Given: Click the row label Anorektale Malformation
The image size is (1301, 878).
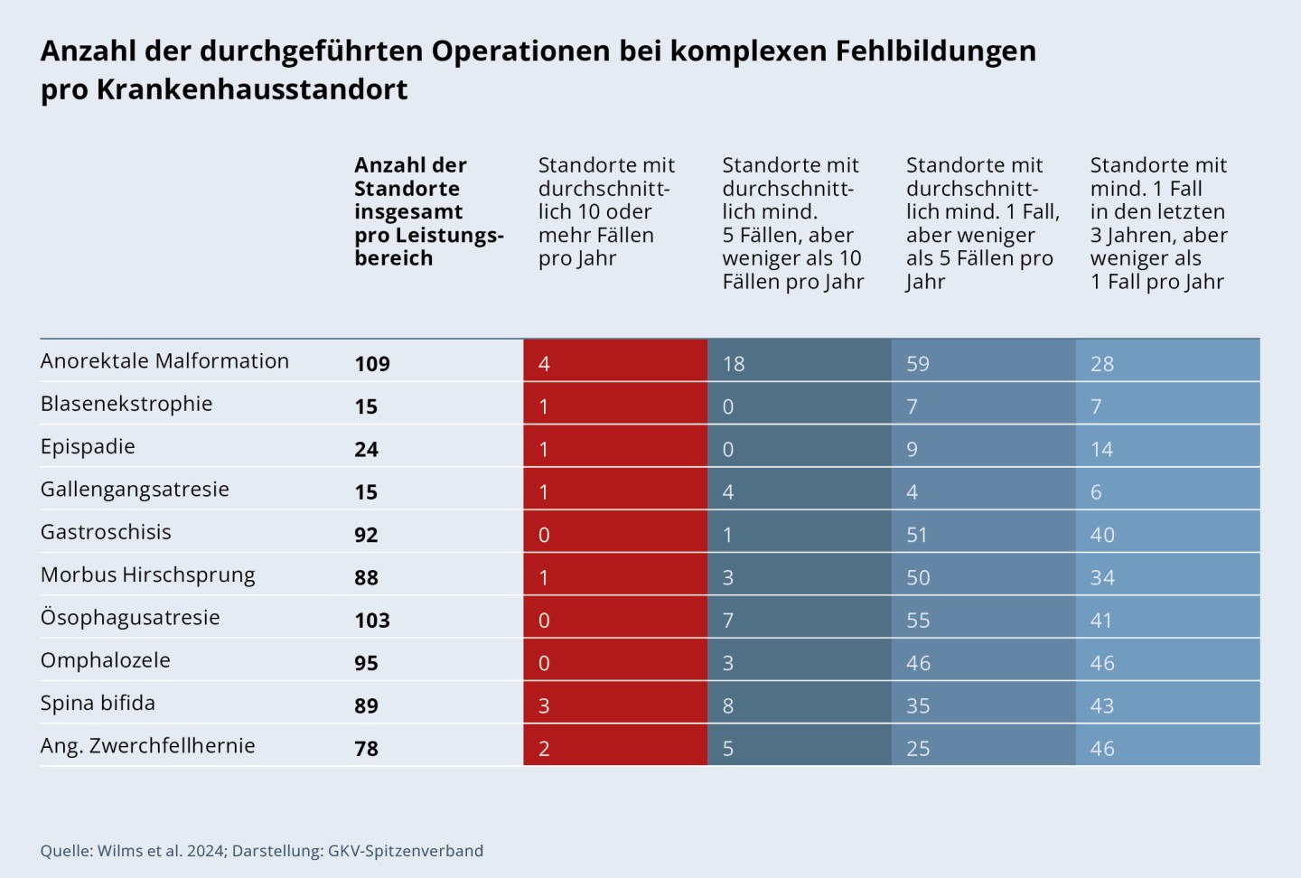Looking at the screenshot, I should [x=164, y=361].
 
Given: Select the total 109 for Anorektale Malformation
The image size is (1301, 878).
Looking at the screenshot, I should [x=371, y=364].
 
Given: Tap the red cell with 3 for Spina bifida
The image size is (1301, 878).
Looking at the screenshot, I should [x=544, y=706].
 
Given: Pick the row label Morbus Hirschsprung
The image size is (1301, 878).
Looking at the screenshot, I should [x=147, y=575].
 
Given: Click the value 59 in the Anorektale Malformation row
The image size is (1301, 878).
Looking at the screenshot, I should [x=918, y=364].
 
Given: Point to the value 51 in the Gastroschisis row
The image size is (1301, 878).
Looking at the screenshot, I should [x=917, y=535].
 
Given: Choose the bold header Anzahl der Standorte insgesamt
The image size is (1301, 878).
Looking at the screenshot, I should [x=428, y=211].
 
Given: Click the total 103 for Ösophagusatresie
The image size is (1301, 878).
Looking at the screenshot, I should [x=371, y=621].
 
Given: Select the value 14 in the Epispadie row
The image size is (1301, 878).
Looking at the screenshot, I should [x=1101, y=450].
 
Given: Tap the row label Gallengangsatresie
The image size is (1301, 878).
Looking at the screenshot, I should [x=135, y=490].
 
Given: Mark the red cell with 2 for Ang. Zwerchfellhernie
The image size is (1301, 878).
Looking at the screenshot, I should [x=544, y=749].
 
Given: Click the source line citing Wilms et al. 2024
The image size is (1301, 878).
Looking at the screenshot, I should [x=261, y=851].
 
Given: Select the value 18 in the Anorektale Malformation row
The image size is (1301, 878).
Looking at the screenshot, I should [x=734, y=364].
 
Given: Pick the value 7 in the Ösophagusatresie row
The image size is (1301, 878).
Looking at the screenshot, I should [x=728, y=621].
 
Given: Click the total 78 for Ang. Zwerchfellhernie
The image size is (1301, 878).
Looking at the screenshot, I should [x=366, y=749].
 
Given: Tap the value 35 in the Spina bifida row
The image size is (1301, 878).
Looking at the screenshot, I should [x=918, y=706].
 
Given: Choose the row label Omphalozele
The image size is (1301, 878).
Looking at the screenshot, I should [x=105, y=660].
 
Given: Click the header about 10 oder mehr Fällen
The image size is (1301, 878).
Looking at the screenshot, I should [x=606, y=211].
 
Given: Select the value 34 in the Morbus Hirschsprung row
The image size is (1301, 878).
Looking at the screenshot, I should [x=1102, y=578].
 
